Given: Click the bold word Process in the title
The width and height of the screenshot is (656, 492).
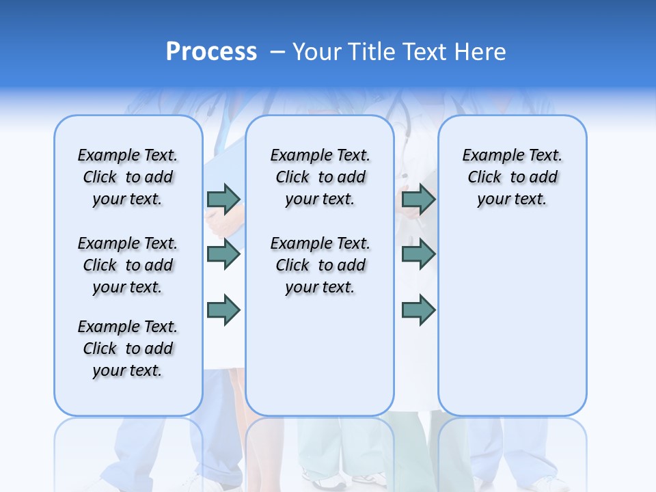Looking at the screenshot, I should (211, 52).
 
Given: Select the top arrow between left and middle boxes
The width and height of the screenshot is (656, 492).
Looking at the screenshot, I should (223, 199).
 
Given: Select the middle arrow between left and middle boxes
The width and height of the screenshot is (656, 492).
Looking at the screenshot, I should (223, 254).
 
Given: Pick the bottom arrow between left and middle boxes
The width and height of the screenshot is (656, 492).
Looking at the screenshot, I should (223, 310).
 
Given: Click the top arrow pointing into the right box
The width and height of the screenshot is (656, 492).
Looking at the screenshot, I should (418, 199).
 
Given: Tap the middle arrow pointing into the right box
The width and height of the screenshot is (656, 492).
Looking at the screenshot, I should (418, 254).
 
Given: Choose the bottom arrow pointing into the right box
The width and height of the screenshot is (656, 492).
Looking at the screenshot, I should (418, 310).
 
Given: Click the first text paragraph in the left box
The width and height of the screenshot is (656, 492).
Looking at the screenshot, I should (128, 177).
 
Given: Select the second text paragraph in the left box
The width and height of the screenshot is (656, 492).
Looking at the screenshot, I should (128, 265).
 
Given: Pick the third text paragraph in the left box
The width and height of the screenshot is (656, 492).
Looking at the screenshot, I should (128, 348).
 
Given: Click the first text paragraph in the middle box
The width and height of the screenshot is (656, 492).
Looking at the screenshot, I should (320, 177).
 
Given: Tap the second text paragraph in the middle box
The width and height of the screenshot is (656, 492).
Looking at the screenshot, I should (320, 265).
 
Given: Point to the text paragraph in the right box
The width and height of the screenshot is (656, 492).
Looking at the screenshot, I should (512, 177).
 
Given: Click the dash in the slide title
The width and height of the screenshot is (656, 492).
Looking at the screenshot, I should (277, 53).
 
